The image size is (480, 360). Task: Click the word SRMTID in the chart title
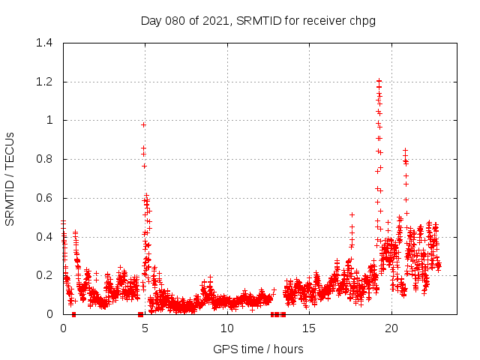pos(256,20)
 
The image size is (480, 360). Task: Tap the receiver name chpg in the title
pos(361,20)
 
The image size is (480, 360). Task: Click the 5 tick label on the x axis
pos(145,328)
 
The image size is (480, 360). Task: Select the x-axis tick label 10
pos(227,328)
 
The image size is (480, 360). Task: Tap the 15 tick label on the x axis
pos(310,328)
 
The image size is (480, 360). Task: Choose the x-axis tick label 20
pos(391,328)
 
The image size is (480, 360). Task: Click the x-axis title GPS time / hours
pos(258,349)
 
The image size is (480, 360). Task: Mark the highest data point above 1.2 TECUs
pos(379,80)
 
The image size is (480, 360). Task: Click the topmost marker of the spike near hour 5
pos(143,124)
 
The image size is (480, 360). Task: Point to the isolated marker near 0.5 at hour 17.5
pos(352,214)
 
